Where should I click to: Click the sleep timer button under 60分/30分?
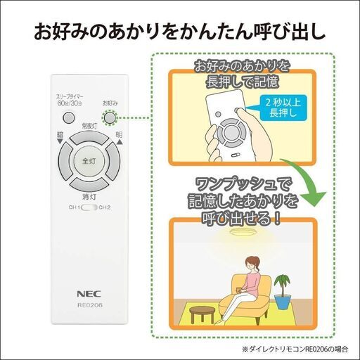69,117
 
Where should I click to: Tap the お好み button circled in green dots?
110,117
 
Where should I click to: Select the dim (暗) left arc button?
65,161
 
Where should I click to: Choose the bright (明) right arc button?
112,161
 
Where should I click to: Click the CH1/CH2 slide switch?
89,207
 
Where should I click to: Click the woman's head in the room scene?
252,264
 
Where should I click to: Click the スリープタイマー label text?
70,97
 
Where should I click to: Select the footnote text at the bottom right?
295,349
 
